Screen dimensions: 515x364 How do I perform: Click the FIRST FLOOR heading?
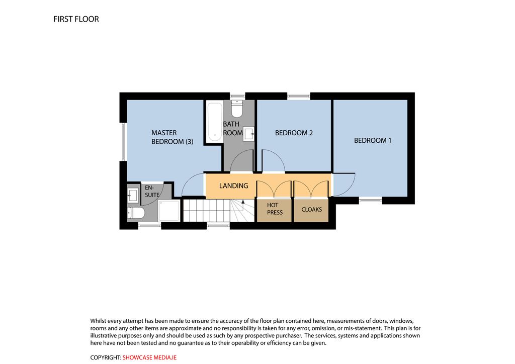[x=76, y=19]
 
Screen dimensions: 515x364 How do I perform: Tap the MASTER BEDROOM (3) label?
[x=172, y=137]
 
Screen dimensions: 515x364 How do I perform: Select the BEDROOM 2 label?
[x=294, y=133]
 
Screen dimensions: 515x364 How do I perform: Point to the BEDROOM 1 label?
[x=373, y=140]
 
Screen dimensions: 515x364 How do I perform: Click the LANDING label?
[x=233, y=186]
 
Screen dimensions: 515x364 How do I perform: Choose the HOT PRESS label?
[x=275, y=209]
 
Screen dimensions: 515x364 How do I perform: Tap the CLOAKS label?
[x=311, y=210]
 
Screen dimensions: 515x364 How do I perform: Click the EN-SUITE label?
[x=152, y=192]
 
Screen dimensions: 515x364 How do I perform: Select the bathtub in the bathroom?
[x=214, y=122]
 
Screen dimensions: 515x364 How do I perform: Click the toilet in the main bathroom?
[x=237, y=108]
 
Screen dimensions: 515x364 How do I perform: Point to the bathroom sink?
[x=248, y=134]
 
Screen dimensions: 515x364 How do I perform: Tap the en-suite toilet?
[x=136, y=213]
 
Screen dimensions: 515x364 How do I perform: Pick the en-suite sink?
[x=133, y=196]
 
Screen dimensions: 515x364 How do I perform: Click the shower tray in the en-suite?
[x=169, y=211]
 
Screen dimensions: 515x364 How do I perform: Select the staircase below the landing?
[x=219, y=210]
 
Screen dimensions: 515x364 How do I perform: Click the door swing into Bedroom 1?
[x=344, y=185]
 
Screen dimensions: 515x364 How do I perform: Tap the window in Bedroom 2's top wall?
[x=299, y=96]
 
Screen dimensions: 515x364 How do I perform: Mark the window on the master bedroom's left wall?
[x=123, y=142]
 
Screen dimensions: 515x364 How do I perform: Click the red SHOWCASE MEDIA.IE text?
[x=149, y=358]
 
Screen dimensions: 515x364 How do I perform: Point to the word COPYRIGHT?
[x=106, y=358]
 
